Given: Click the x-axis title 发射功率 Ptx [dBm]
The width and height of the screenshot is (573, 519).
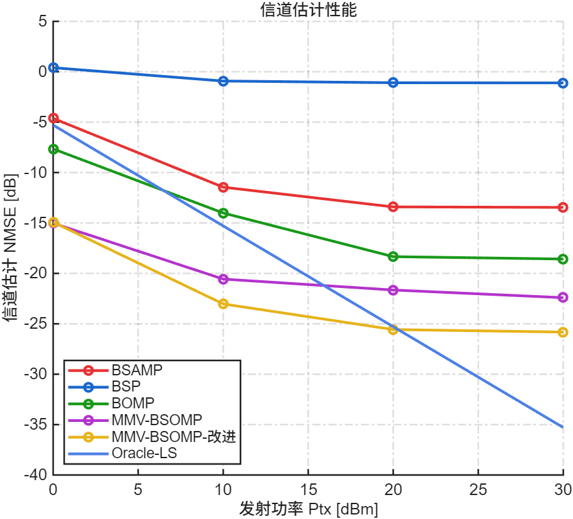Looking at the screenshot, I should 308,508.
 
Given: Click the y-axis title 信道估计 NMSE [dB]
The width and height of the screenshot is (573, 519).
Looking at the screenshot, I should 10,248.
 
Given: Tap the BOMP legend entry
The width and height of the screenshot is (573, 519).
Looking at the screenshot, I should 133,404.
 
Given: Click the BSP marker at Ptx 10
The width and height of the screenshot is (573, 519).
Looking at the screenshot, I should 223,81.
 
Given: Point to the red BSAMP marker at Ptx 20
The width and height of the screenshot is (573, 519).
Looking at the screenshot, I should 393,206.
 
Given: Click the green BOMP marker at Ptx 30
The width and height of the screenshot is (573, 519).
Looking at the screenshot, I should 563,259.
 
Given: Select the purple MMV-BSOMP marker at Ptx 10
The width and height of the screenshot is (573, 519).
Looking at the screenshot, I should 223,279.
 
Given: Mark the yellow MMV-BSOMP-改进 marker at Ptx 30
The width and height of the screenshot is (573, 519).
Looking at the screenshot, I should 563,332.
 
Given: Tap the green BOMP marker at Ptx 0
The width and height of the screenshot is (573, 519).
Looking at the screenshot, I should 54,149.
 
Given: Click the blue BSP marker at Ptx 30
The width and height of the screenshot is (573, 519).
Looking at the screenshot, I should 563,83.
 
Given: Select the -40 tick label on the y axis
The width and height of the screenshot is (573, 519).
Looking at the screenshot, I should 36,475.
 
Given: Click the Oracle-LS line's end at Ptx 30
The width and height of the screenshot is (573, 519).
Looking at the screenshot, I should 563,427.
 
